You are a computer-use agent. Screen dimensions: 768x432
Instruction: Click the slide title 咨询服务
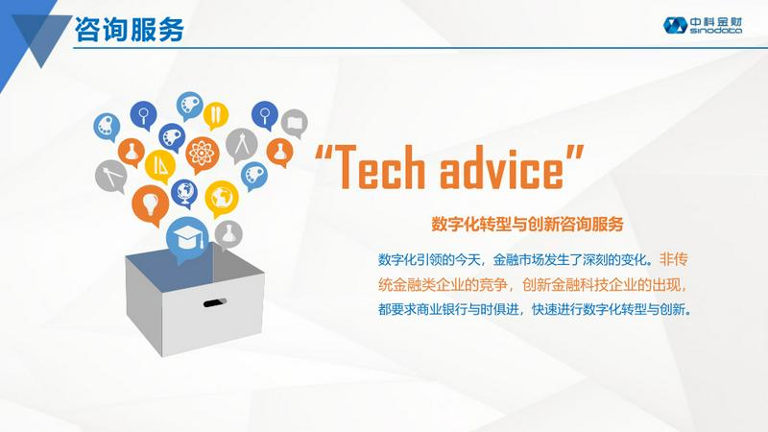pos(130,30)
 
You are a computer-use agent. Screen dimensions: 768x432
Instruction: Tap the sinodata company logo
pos(703,25)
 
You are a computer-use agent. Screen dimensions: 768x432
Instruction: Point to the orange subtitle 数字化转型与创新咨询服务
pos(527,224)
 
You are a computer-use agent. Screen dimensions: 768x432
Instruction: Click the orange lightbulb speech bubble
pos(150,204)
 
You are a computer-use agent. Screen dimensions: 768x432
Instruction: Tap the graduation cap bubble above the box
pos(187,239)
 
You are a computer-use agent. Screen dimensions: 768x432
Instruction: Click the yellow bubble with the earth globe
pos(222,198)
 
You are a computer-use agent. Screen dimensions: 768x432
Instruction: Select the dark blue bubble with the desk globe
pos(184,193)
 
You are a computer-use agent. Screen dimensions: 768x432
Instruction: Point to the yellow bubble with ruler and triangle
pos(159,165)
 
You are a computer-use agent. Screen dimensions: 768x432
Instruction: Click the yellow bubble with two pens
pos(215,115)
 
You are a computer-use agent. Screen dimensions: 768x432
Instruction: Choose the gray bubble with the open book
pos(295,123)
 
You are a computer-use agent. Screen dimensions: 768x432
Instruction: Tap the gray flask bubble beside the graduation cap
pos(228,234)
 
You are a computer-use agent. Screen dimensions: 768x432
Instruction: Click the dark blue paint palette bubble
pos(172,136)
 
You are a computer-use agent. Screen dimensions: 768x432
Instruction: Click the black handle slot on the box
pos(214,303)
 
